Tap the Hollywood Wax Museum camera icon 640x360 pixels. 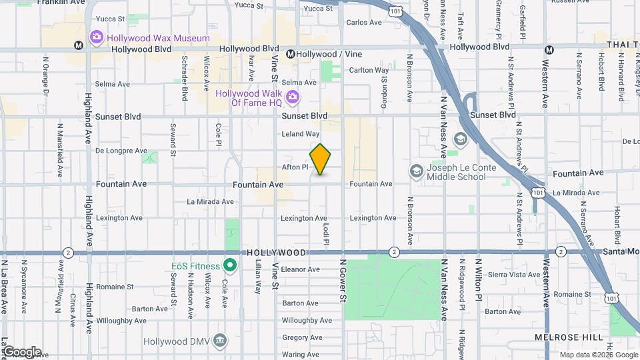[97, 37]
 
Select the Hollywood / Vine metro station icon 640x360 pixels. [291, 53]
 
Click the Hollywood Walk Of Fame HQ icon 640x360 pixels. [292, 98]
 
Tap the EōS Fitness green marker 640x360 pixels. [231, 265]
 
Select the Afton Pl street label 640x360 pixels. [295, 167]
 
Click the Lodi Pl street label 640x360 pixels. [327, 233]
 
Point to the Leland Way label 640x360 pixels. [301, 134]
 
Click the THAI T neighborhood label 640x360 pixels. [623, 44]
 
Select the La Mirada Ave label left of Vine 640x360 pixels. [210, 201]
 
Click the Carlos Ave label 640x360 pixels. [364, 22]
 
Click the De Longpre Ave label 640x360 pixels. [121, 151]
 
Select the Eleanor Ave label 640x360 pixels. [301, 269]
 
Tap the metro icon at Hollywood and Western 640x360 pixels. [549, 49]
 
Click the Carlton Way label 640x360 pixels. [369, 70]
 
